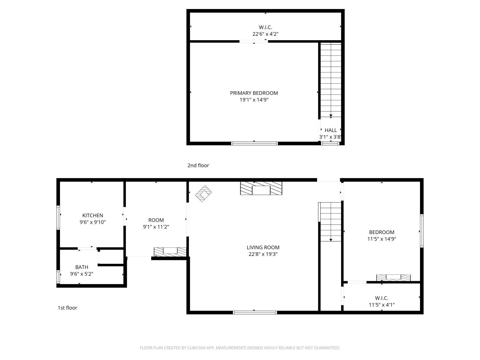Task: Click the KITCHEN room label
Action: (93, 215)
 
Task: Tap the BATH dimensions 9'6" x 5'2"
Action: (82, 274)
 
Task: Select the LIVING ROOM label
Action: (263, 247)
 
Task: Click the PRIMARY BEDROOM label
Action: (254, 93)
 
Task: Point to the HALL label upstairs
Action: (331, 130)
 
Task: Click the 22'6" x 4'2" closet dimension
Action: (265, 34)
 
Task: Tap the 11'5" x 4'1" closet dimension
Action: (382, 305)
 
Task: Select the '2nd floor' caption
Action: (198, 165)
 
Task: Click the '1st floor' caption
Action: (67, 308)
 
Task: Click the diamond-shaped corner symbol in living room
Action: (203, 194)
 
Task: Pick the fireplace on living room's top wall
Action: (261, 188)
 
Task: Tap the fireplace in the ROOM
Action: (170, 252)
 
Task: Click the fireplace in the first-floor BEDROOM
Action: (393, 277)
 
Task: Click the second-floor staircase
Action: (331, 80)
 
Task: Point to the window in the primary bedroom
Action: (254, 143)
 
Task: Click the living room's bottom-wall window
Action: (255, 312)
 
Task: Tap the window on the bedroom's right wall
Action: (421, 231)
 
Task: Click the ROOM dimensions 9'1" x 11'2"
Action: (156, 227)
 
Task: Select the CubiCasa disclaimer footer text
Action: (240, 348)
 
